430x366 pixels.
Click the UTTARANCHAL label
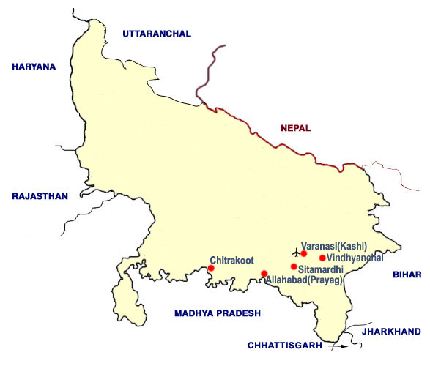click(x=157, y=34)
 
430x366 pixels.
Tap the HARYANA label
click(x=34, y=67)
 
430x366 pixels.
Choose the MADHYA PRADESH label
click(x=218, y=313)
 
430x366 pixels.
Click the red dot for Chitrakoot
click(x=211, y=269)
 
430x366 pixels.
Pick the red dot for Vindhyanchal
click(x=322, y=258)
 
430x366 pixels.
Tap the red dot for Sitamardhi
click(x=294, y=266)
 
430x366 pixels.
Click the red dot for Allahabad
click(x=264, y=274)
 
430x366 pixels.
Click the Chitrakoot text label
click(x=232, y=260)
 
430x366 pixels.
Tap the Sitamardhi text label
click(x=322, y=269)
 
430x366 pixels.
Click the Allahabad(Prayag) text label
click(x=303, y=280)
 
